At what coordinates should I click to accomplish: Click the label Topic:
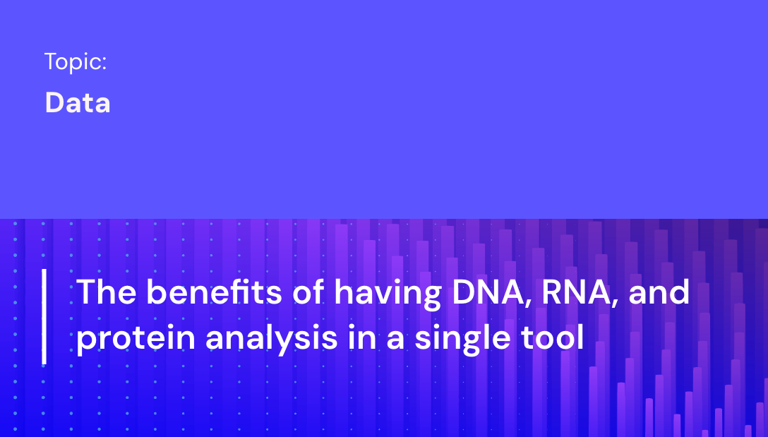point(76,62)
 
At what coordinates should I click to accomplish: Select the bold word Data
point(78,103)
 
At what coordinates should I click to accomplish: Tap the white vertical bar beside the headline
point(44,316)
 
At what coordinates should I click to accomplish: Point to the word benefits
point(210,292)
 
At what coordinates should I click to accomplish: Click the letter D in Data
point(54,103)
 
